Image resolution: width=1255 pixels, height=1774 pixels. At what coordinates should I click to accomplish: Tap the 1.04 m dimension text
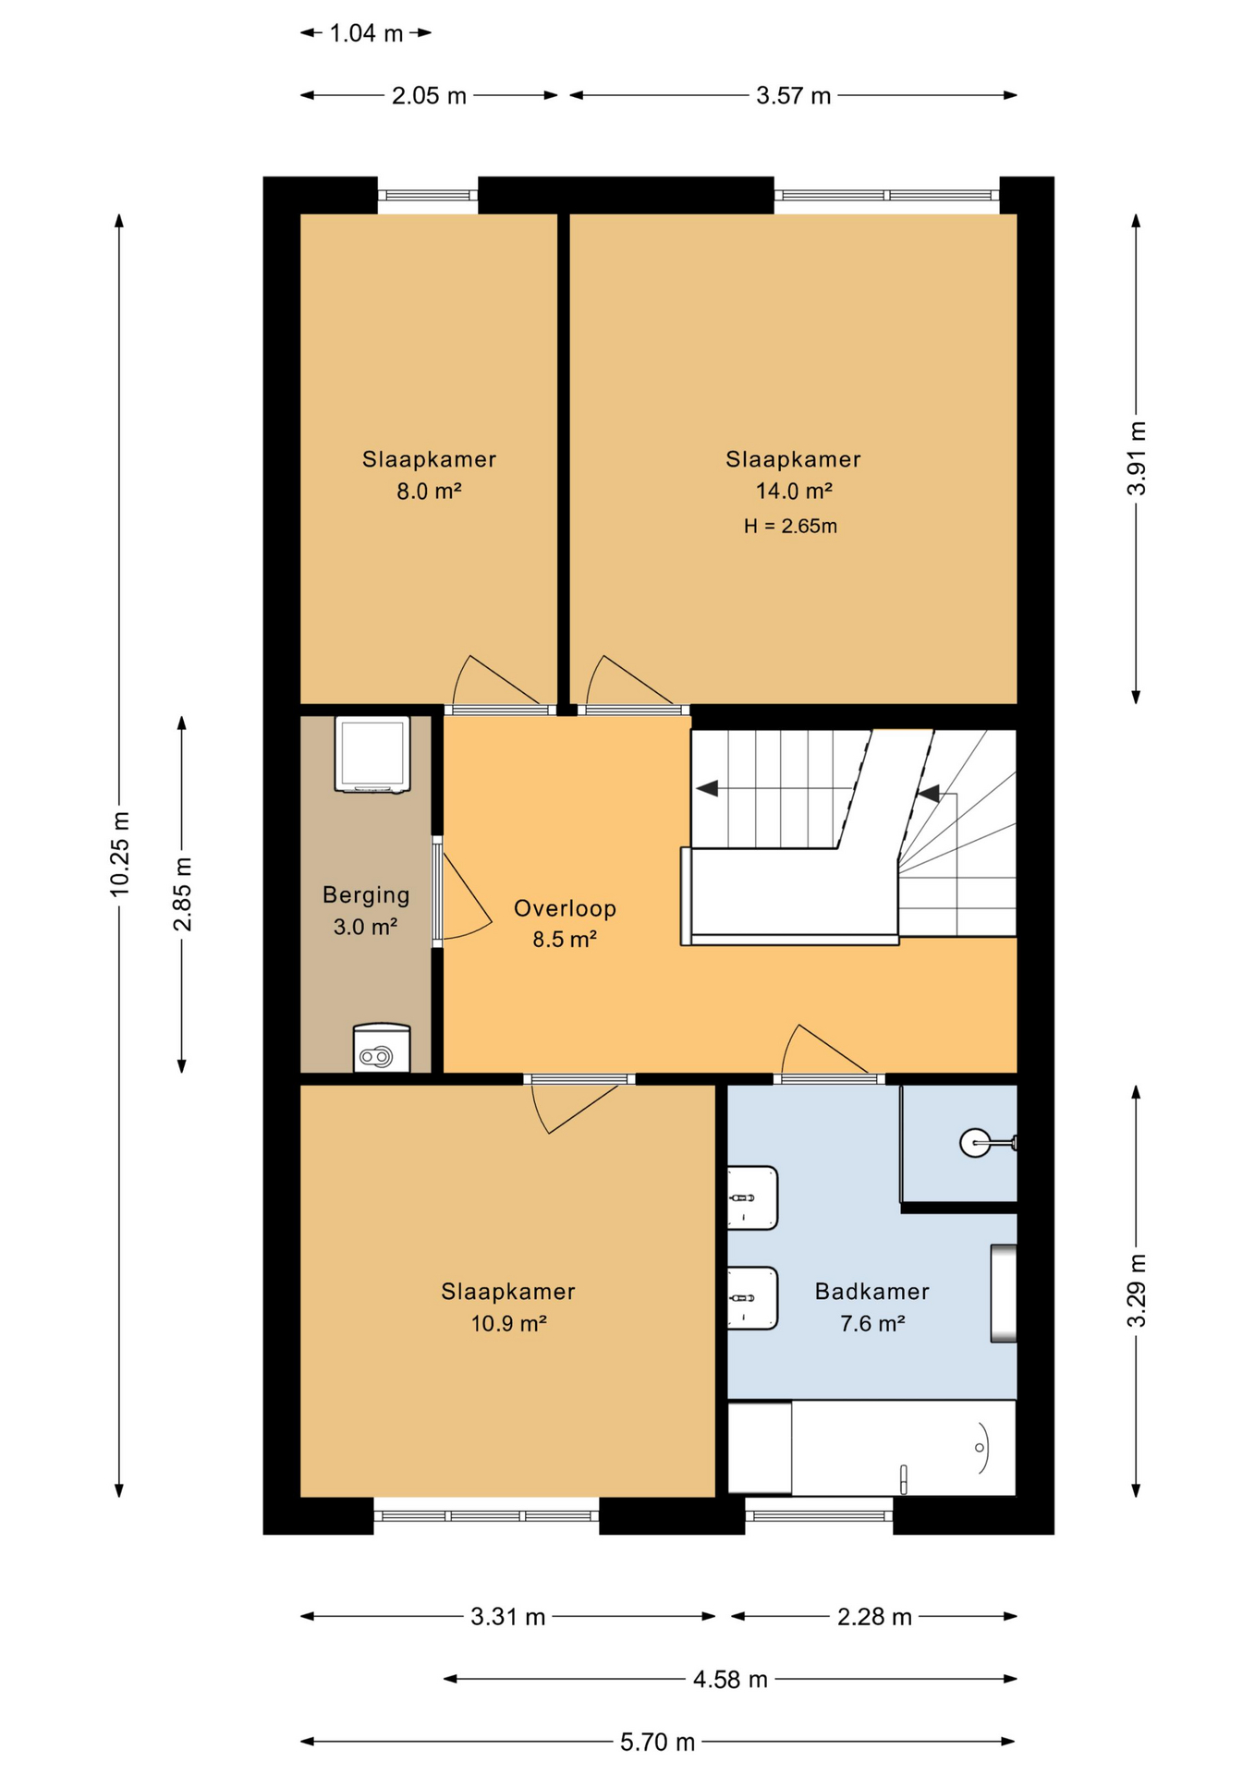point(366,33)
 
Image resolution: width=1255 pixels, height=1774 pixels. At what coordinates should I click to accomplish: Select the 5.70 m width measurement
point(657,1742)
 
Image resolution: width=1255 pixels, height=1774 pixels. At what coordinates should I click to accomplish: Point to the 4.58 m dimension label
point(730,1679)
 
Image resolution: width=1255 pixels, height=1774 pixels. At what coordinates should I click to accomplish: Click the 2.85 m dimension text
point(183,893)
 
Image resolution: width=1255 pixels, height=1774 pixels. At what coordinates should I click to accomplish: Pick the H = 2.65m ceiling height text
point(790,526)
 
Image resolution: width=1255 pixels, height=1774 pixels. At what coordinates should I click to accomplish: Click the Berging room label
point(366,894)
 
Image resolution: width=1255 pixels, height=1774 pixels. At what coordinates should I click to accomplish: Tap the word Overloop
point(565,908)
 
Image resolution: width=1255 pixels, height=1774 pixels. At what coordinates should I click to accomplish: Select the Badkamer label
point(871,1291)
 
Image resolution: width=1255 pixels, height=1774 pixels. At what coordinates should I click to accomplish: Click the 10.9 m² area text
point(508,1323)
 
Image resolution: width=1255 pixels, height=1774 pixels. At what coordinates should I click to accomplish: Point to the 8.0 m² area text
point(429,491)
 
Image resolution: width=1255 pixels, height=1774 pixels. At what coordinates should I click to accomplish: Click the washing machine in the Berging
point(372,754)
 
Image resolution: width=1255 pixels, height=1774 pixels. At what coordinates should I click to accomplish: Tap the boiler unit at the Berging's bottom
point(382,1048)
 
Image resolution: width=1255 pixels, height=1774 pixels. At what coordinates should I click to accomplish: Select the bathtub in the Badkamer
point(871,1448)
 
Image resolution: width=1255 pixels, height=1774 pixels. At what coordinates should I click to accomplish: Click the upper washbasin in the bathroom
point(752,1197)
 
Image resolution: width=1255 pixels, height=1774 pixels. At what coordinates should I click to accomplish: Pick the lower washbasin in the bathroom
point(752,1298)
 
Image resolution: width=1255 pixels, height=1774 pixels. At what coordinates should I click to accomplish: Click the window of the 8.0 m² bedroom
point(427,195)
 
